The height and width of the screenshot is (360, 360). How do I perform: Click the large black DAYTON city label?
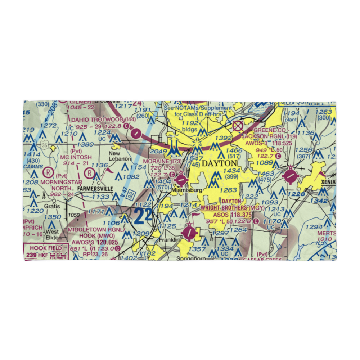(219, 163)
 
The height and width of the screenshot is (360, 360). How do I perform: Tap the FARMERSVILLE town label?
(94, 189)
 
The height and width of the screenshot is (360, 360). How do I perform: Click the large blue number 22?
(143, 217)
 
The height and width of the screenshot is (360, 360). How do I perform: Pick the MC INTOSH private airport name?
(76, 157)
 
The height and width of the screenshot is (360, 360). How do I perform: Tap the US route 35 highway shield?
(44, 145)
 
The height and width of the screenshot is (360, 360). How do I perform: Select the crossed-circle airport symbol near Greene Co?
(238, 126)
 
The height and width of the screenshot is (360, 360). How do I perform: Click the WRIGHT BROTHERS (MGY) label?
(232, 208)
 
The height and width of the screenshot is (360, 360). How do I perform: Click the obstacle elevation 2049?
(158, 152)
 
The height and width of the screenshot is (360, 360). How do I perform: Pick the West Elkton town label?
(52, 234)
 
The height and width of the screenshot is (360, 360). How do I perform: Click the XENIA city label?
(330, 182)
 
